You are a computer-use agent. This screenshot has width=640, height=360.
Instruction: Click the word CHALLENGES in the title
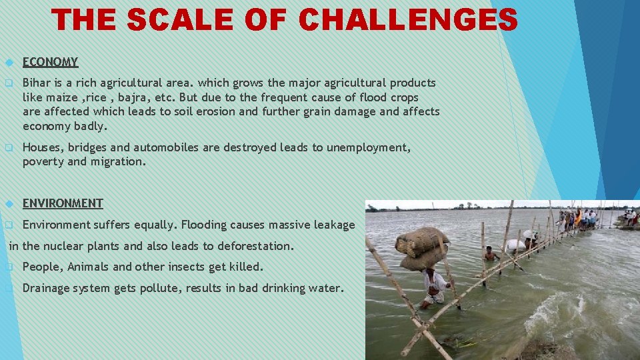tap(408, 20)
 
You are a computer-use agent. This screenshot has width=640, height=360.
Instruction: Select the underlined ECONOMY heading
tap(50, 62)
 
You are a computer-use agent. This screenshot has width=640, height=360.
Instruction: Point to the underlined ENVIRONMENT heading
tap(63, 203)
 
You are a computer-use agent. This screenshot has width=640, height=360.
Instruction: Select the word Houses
tap(43, 147)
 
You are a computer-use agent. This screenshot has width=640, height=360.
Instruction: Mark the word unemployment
tap(366, 147)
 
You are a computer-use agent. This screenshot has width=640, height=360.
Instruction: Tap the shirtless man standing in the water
tap(491, 254)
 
